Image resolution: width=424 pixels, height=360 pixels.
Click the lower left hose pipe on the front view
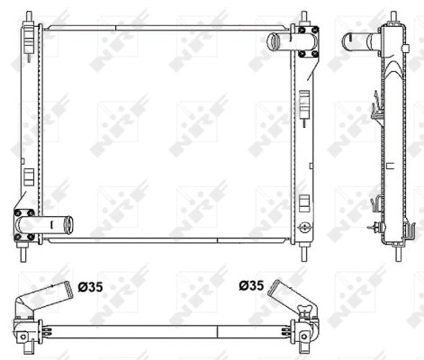pyautogui.click(x=57, y=223)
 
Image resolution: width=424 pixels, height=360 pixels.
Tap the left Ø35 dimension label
pyautogui.click(x=90, y=288)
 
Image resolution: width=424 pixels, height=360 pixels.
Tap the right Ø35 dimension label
pyautogui.click(x=253, y=288)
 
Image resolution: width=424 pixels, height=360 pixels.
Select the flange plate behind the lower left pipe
pyautogui.click(x=24, y=224)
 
